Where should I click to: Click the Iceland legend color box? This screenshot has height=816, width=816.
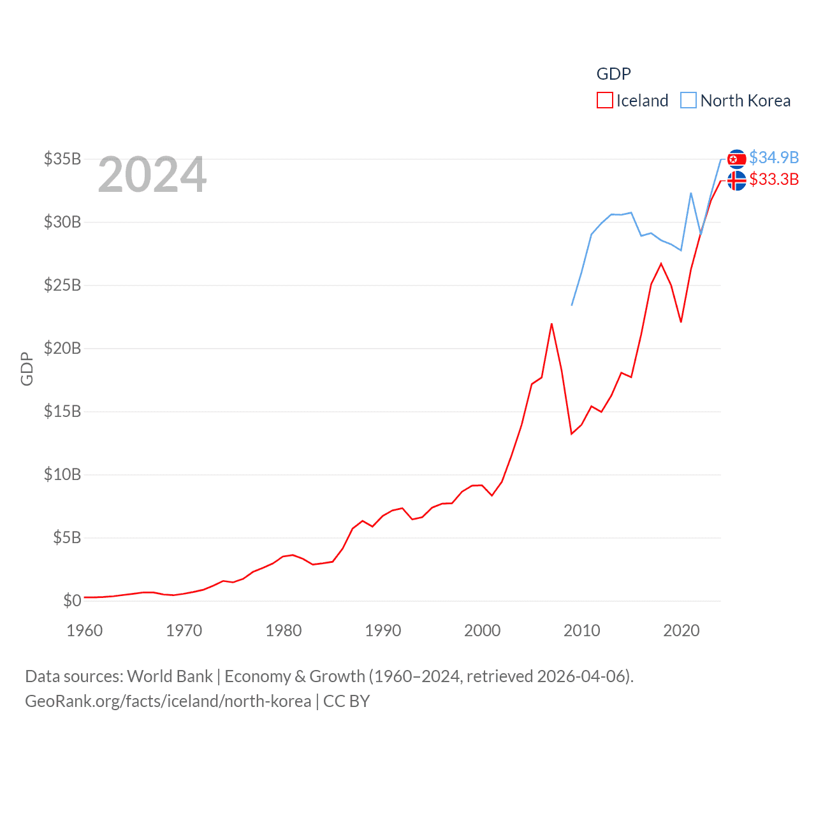604,101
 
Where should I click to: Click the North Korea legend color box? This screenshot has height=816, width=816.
688,101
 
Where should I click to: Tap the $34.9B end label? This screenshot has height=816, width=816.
774,157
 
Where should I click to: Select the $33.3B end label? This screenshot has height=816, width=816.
774,179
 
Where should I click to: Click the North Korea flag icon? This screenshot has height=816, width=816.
736,159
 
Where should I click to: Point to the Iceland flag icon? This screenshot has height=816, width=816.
736,180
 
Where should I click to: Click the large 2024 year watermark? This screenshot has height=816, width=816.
152,174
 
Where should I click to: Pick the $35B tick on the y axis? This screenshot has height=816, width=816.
62,159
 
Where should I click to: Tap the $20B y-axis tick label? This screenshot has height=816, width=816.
62,348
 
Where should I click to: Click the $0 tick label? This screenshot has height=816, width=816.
72,601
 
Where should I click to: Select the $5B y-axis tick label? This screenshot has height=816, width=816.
67,537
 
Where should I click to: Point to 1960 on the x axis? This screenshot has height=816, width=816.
85,630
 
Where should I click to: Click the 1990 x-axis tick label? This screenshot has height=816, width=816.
383,630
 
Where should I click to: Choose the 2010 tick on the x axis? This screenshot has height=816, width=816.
582,630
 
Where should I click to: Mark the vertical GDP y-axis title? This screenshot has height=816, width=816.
27,368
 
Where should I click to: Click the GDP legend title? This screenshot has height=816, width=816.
613,74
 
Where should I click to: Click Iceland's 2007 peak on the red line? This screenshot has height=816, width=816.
551,324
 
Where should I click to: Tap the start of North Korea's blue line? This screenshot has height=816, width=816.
572,305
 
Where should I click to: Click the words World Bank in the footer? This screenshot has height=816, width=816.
170,676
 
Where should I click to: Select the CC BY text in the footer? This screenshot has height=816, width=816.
346,701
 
